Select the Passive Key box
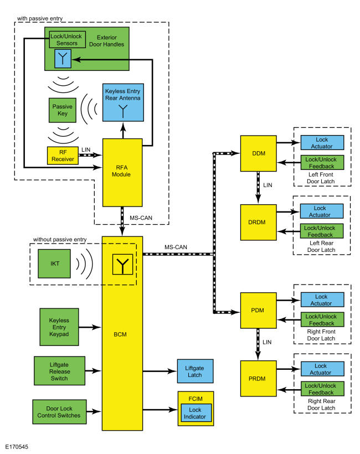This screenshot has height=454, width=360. [59, 111]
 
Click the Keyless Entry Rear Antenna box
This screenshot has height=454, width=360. [122, 103]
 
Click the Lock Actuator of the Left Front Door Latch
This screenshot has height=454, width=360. [322, 143]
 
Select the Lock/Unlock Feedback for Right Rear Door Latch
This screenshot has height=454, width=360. [322, 389]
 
